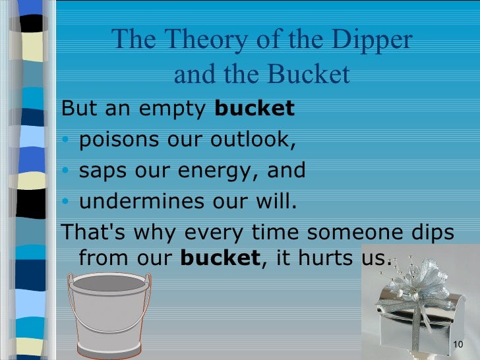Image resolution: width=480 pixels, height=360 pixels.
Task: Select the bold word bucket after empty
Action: pos(255,109)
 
